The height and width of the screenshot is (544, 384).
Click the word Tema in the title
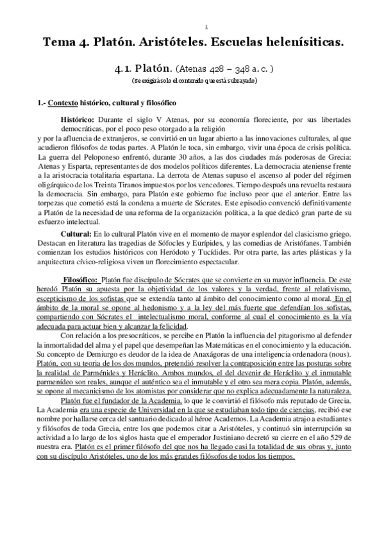pos(59,43)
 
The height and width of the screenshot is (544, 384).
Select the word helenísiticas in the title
pos(301,43)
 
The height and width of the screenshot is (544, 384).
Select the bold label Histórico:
pos(78,119)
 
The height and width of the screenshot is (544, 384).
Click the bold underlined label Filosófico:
pos(80,280)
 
